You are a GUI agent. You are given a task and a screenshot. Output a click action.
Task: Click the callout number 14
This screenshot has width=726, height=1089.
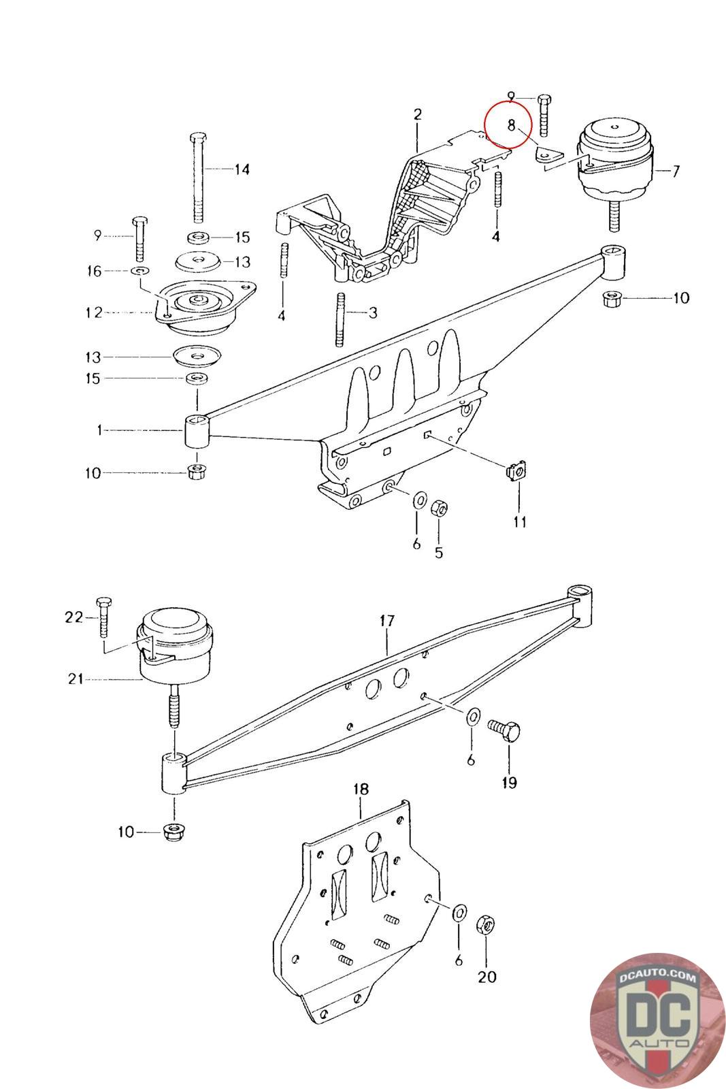[x=242, y=169]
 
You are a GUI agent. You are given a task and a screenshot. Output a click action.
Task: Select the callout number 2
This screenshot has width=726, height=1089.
[x=417, y=115]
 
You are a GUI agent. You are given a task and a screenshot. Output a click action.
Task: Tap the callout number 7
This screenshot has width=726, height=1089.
[x=676, y=171]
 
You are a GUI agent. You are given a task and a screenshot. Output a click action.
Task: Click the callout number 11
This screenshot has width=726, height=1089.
[x=520, y=522]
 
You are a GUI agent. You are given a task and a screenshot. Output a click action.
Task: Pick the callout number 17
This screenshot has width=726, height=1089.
[x=387, y=621]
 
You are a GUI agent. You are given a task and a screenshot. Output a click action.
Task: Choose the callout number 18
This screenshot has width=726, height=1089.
[x=361, y=789]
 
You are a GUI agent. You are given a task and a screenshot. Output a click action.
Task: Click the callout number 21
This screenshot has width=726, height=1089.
[x=76, y=679]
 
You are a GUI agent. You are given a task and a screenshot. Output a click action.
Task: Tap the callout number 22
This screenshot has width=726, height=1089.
[x=74, y=617]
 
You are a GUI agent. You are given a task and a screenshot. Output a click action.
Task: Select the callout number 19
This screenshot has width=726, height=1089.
[x=509, y=783]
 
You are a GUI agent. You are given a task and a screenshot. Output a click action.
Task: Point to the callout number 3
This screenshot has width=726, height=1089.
[x=373, y=312]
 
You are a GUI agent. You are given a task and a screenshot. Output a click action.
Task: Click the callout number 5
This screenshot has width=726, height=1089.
[x=439, y=553]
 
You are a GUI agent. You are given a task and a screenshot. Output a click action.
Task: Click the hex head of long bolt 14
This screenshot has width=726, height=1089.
[x=198, y=136]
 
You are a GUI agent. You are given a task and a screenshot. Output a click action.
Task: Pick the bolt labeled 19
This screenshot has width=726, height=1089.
[x=504, y=730]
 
